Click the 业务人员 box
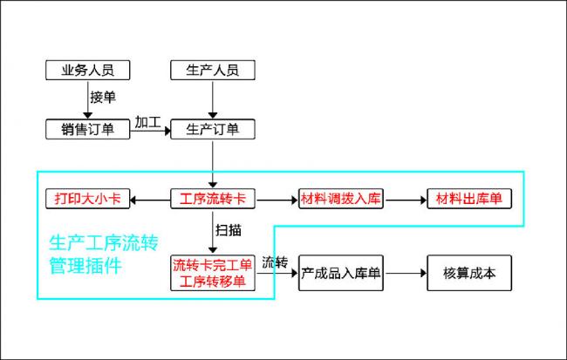87,70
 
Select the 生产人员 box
213,70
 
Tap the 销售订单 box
87,129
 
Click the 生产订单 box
213,129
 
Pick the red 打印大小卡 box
87,199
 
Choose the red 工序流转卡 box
213,199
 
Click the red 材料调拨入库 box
340,199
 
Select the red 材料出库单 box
469,199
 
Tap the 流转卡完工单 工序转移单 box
213,273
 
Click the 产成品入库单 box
340,273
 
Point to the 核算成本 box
469,273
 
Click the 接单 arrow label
103,98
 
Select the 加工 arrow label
148,122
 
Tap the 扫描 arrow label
229,230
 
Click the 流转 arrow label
275,262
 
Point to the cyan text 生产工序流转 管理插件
104,255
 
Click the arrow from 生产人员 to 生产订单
213,99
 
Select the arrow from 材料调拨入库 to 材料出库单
406,200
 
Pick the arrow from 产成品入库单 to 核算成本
406,273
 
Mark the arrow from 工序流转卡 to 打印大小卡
150,200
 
